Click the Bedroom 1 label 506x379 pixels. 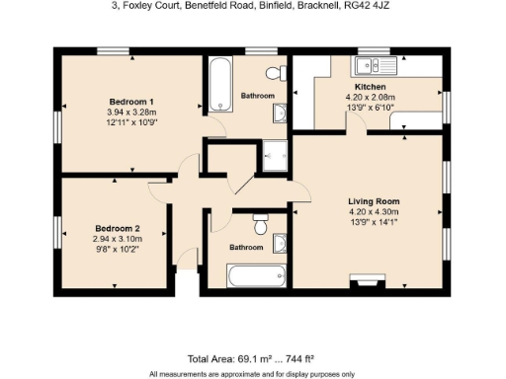click(x=131, y=103)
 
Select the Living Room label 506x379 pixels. click(x=373, y=200)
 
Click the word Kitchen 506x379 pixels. click(x=372, y=87)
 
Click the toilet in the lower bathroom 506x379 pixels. click(x=261, y=223)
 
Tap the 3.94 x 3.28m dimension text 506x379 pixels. click(x=131, y=113)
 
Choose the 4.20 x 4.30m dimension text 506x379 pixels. click(x=373, y=211)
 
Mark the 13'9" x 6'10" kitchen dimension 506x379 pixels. click(x=372, y=108)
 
